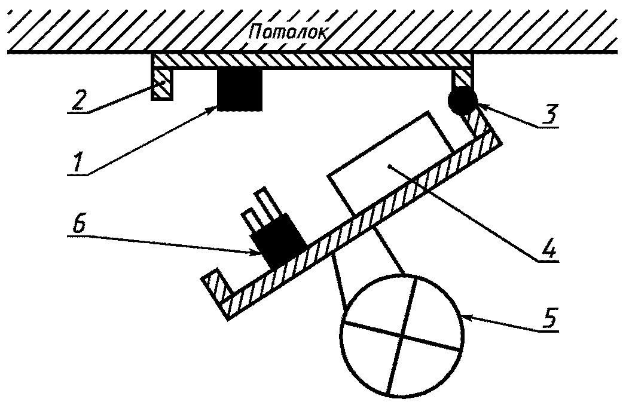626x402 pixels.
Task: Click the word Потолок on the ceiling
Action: click(288, 32)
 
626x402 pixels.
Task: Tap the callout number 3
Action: click(549, 113)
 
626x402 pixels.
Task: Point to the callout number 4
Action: click(548, 246)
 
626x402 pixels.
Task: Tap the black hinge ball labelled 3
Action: click(462, 101)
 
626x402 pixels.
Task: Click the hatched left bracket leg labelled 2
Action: click(161, 83)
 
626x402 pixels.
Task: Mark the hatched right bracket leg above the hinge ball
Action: click(463, 76)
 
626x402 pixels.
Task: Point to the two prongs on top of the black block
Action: click(258, 207)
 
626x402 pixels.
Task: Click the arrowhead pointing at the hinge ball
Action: click(478, 108)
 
